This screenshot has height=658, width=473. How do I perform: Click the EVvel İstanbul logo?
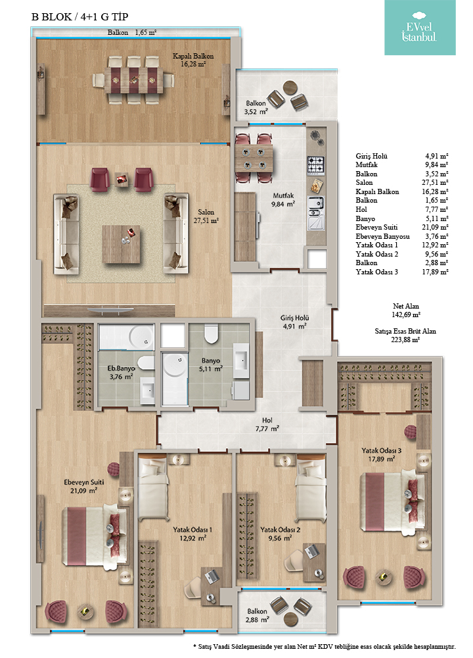tap(419, 27)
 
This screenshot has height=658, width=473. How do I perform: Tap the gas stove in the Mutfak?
tap(316, 165)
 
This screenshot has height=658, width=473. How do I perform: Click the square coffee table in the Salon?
tap(122, 244)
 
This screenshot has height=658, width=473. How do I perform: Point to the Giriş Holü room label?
tap(294, 322)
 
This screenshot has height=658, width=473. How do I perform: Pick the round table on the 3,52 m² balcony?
tap(290, 88)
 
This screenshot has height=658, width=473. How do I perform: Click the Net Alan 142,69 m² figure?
tap(405, 311)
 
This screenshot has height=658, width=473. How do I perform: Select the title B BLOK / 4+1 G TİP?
tap(79, 17)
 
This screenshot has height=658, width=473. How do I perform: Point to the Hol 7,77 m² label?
tap(267, 424)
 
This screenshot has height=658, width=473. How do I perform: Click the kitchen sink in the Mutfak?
tap(316, 213)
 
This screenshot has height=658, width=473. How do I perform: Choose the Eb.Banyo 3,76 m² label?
tap(121, 372)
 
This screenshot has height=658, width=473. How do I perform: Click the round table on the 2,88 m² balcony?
tap(290, 618)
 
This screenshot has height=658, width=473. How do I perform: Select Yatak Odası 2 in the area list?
tap(376, 254)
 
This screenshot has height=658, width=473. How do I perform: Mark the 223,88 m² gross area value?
tap(405, 340)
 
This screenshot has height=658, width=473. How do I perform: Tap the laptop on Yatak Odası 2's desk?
tap(311, 550)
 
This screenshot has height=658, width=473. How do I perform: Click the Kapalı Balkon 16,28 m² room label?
tap(193, 60)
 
